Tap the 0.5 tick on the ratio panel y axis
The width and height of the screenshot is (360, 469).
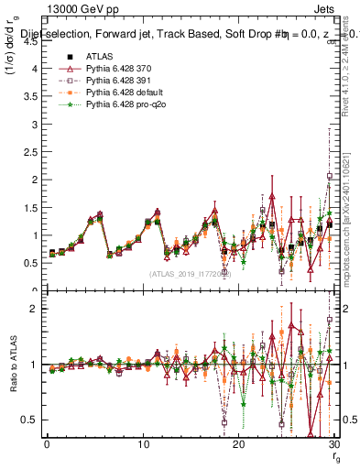point(35,420)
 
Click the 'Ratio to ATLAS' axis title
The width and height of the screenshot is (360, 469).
point(12,365)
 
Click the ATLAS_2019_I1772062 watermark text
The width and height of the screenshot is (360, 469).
point(190,274)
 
